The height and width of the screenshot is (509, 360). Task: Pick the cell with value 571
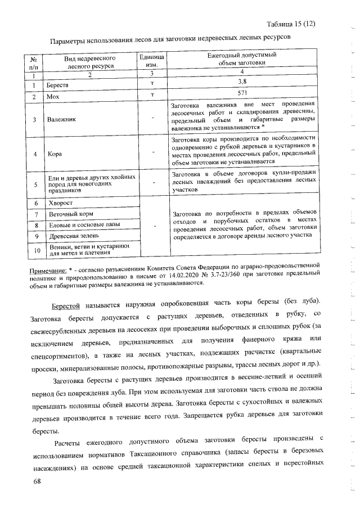click(242, 93)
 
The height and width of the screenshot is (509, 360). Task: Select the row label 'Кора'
click(55, 153)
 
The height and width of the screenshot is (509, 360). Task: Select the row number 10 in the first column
click(38, 250)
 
